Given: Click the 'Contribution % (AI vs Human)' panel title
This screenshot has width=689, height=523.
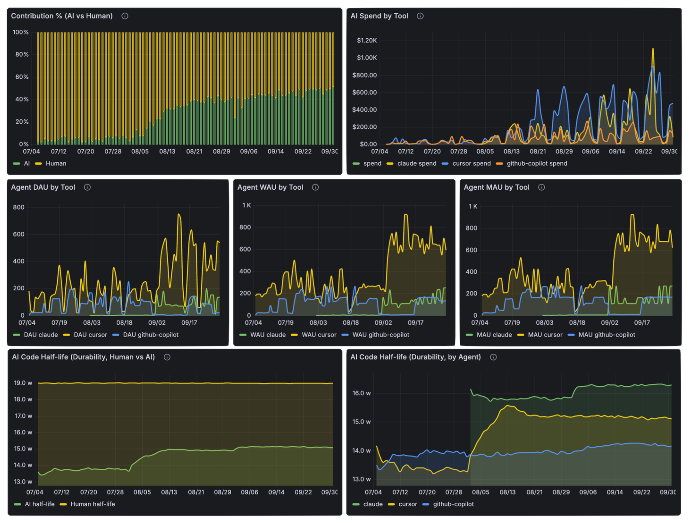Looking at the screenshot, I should point(62,16).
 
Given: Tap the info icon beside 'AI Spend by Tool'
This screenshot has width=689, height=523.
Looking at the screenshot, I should point(420,16).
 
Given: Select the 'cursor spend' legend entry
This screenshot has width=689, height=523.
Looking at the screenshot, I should point(471,163).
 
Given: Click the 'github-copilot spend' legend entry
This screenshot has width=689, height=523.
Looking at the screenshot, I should point(536,163).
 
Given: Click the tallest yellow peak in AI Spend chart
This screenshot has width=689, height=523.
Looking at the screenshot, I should point(653,49).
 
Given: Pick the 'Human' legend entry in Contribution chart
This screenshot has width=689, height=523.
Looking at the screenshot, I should point(56,163).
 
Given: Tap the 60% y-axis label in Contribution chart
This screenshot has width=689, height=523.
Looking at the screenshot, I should point(22,77).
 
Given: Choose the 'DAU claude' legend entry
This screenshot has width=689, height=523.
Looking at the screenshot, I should point(40,335).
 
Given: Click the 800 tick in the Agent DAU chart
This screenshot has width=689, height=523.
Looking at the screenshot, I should point(19,208).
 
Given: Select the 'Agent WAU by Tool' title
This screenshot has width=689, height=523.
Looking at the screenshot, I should point(270,187).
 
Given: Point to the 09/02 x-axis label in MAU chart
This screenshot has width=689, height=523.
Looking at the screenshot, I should point(609,323).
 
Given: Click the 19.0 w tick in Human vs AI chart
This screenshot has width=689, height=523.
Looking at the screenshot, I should point(23,383).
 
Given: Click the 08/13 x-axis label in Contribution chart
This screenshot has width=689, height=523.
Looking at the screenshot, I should point(167,152).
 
